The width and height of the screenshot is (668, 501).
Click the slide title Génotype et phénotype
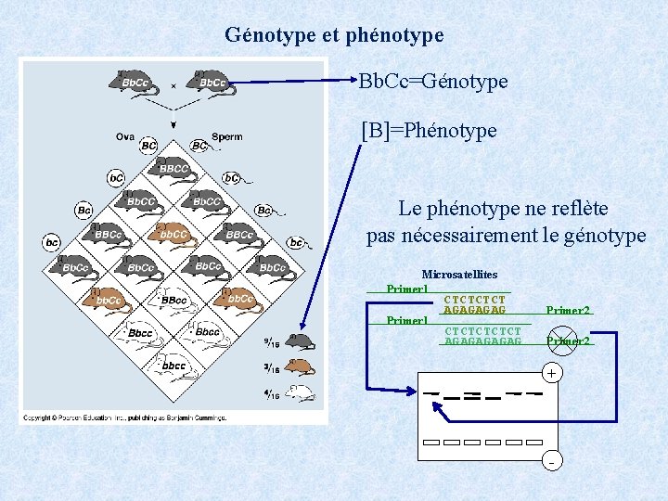[x=334, y=35]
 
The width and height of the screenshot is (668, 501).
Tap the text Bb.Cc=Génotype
[x=433, y=82]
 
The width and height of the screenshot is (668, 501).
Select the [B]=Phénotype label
[x=429, y=131]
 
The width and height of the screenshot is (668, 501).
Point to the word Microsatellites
[x=459, y=275]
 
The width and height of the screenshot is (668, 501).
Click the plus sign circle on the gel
[x=551, y=373]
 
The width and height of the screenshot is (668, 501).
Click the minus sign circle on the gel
[x=551, y=461]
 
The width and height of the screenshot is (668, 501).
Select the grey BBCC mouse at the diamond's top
[x=173, y=168]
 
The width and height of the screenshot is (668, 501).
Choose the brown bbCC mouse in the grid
[x=173, y=233]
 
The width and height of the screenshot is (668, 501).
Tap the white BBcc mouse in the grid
[x=173, y=299]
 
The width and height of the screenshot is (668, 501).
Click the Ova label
[x=125, y=136]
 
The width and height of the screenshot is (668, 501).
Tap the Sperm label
[x=226, y=136]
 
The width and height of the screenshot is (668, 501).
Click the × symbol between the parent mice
[x=173, y=85]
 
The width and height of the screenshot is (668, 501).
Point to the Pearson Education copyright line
[x=124, y=417]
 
